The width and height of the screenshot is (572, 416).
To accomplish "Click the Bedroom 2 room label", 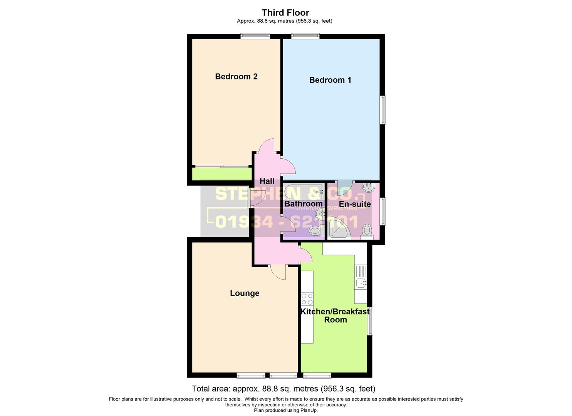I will click(236, 77).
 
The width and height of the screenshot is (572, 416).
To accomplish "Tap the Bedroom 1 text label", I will click(330, 80).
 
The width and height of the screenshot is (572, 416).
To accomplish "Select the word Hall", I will click(267, 181).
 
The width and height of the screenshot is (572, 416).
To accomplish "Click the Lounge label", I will click(245, 293).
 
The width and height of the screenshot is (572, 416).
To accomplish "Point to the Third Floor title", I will click(285, 13).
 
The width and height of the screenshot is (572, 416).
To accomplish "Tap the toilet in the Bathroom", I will click(315, 231).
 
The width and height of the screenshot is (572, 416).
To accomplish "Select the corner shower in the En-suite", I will click(338, 228).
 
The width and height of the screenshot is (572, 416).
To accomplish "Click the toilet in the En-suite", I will click(367, 231).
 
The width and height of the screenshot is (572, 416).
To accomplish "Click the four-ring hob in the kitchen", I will click(307, 299).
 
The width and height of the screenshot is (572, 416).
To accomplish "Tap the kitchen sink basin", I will click(361, 283).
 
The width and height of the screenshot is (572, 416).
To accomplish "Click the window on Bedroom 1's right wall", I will click(382, 110).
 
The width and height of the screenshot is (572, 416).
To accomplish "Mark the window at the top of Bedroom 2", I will click(255, 36).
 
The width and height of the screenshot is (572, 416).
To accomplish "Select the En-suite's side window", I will click(382, 211).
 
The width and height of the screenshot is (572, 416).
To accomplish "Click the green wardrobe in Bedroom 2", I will click(221, 174).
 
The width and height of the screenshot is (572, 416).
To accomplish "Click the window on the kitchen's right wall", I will click(370, 321).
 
